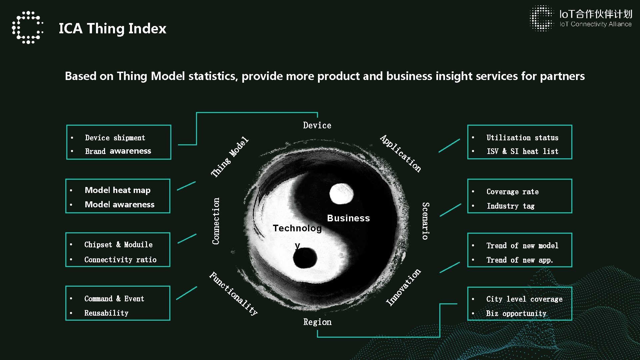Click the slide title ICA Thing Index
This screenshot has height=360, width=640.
click(112, 28)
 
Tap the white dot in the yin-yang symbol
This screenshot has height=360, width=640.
click(341, 194)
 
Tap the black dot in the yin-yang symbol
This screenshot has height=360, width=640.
click(305, 258)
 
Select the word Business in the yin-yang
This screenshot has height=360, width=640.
click(348, 218)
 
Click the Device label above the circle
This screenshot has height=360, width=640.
click(317, 125)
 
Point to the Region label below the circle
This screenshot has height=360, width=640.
click(317, 322)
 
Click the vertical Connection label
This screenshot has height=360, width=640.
click(216, 221)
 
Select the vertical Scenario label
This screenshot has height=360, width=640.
click(425, 221)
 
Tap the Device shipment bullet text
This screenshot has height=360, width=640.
click(115, 138)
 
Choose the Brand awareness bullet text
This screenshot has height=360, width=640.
click(118, 151)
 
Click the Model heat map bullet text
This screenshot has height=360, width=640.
click(118, 190)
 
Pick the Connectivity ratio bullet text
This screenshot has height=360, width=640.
click(120, 260)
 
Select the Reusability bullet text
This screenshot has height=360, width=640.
click(106, 313)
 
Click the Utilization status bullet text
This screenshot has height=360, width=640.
click(522, 138)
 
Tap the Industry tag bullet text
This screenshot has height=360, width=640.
click(510, 206)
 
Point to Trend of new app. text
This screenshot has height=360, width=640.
click(520, 260)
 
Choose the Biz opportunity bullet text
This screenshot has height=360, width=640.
click(516, 313)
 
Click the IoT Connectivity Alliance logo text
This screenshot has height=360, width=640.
click(595, 24)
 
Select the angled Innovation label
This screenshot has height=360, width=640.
click(403, 287)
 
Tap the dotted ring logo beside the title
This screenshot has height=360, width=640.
click(28, 28)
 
